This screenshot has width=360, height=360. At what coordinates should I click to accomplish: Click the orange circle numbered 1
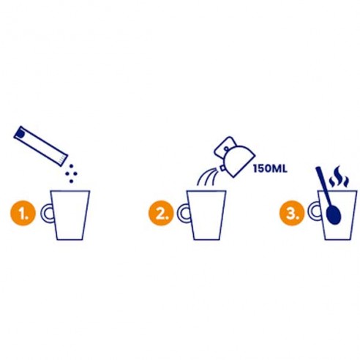coord(23,213)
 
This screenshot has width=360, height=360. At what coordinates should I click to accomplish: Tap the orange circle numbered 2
coord(161,213)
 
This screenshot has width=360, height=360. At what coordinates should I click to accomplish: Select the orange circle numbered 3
coord(292,213)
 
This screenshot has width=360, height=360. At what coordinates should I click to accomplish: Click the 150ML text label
coord(270,169)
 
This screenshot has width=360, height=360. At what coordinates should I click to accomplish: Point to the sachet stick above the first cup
coord(40,146)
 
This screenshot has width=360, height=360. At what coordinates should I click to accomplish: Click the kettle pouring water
coord(234,156)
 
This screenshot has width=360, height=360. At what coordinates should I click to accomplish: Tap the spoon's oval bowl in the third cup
coord(334,214)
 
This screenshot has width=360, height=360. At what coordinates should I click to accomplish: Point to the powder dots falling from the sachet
coord(72,173)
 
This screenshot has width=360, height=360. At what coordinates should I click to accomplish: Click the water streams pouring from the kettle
coord(207,178)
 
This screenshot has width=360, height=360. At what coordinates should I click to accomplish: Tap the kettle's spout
coord(222,168)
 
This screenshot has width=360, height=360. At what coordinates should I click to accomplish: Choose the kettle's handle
coord(225,146)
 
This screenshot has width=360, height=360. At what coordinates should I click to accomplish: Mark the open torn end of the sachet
coord(63,160)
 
